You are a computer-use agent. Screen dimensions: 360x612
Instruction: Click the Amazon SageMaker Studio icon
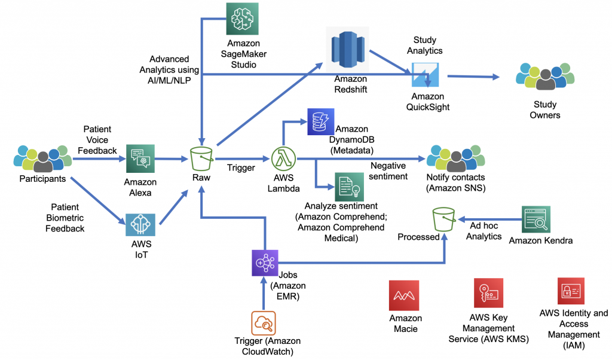point(242,19)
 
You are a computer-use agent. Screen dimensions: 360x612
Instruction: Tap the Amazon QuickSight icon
point(427,75)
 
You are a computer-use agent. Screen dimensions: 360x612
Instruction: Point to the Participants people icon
point(42,158)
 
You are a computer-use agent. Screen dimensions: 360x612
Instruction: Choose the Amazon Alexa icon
point(140,160)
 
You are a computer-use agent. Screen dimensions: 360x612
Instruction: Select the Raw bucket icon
point(203,160)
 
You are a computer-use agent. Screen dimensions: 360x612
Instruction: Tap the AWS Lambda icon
point(284,160)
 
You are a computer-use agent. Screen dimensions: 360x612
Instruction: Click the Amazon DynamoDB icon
point(320,123)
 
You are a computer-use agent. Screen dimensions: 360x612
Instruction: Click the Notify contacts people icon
point(455,158)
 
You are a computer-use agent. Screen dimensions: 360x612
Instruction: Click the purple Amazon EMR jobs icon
point(265,263)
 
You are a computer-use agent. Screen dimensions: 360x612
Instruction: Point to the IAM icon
point(571,291)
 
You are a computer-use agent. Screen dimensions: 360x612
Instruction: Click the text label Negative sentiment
point(388,170)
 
